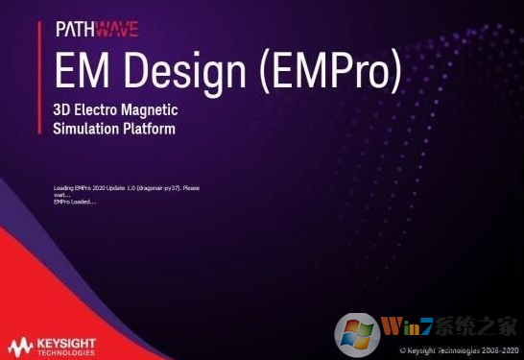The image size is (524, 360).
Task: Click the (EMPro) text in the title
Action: pyautogui.click(x=331, y=71)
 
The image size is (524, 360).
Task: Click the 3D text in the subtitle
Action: pyautogui.click(x=62, y=110)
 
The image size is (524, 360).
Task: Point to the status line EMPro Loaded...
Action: pyautogui.click(x=74, y=201)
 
